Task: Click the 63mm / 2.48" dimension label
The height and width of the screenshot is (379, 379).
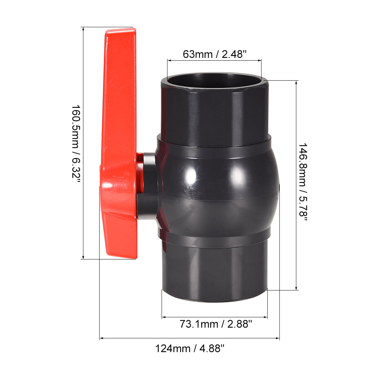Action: pyautogui.click(x=214, y=54)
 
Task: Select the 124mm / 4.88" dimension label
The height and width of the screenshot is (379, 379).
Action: pyautogui.click(x=189, y=348)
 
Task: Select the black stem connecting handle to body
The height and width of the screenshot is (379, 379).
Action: pyautogui.click(x=148, y=186)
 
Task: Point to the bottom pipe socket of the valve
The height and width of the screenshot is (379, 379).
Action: pyautogui.click(x=214, y=269)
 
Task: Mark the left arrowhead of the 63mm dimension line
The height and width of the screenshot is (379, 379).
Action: pyautogui.click(x=169, y=61)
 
